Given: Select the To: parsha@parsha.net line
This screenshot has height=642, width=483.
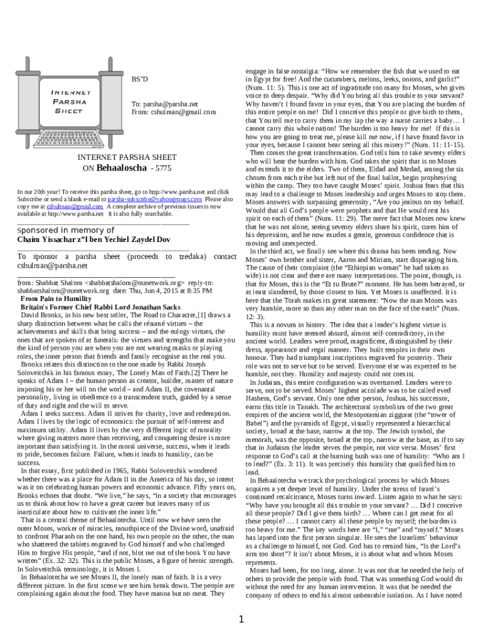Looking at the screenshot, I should [164, 104].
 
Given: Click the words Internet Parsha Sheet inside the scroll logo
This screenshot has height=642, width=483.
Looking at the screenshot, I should [71, 101].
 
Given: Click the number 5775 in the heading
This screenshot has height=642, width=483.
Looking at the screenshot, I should [162, 169].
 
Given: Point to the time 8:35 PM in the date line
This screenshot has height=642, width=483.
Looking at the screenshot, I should [199, 292].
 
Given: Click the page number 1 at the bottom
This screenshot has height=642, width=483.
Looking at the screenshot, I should [242, 621].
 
